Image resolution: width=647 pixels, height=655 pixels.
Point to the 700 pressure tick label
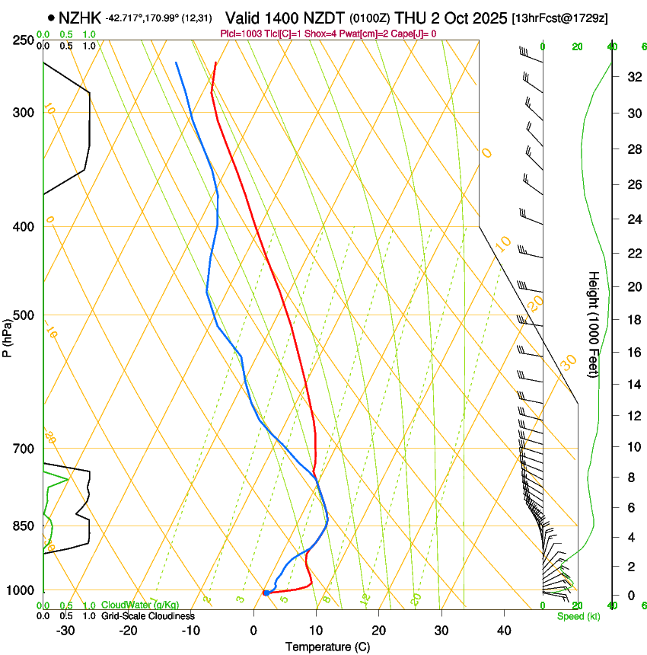coord(24,449)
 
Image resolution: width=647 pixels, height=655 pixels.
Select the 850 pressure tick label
coord(24,526)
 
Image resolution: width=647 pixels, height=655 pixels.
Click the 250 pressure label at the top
coord(24,40)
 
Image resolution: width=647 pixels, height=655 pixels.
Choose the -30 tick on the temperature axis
coord(65,631)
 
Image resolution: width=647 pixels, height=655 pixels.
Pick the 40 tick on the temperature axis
coord(504,631)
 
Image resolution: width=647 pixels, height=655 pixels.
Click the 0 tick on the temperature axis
coord(253,631)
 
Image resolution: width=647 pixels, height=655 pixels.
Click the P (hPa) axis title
coord(8,335)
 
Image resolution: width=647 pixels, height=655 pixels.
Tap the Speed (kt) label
coord(578,616)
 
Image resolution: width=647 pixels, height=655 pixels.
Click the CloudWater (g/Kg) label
coord(140,605)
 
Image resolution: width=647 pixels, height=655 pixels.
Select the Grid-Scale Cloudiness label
coord(148,616)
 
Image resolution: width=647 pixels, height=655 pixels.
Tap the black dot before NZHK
coord(50,18)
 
